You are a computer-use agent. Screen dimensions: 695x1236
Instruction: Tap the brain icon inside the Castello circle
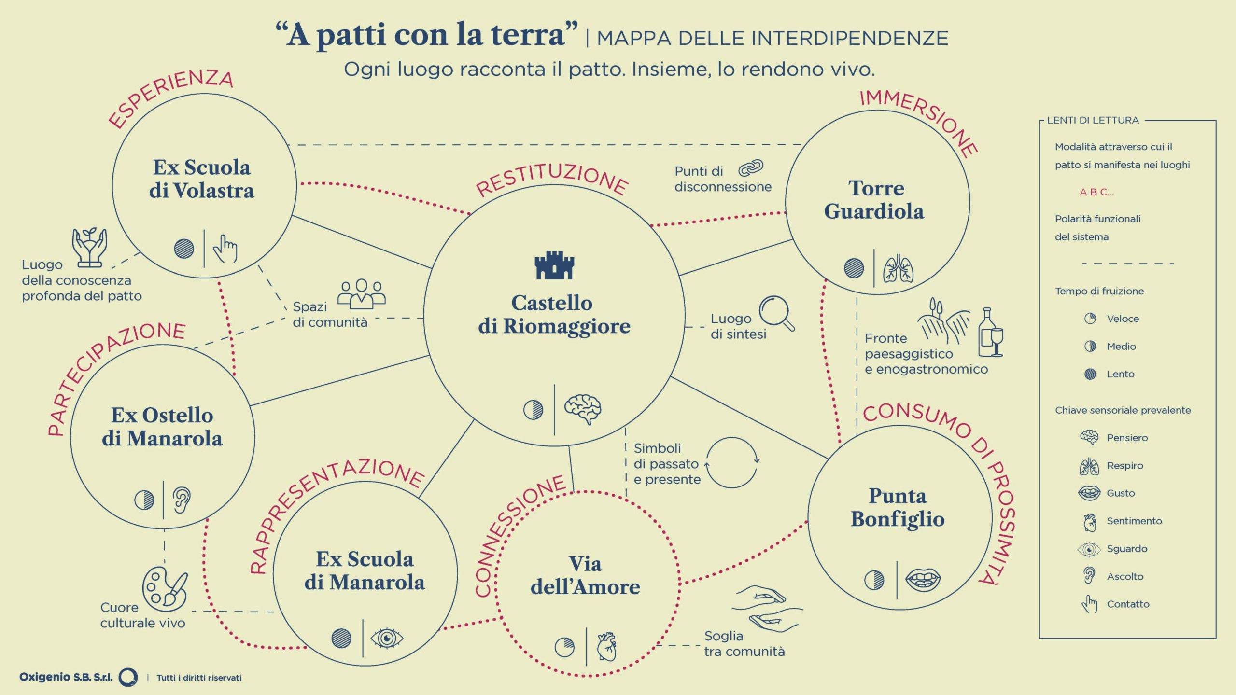[x=583, y=409]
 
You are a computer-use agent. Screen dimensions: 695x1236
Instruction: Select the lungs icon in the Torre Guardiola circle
[x=898, y=268]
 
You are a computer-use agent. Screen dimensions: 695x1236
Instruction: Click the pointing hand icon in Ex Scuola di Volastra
[x=225, y=249]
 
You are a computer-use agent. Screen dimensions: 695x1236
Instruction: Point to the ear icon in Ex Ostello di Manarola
[x=182, y=500]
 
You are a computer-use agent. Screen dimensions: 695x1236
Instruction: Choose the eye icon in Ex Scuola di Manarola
[x=387, y=638]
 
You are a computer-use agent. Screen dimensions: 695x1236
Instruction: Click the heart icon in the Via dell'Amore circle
[x=607, y=647]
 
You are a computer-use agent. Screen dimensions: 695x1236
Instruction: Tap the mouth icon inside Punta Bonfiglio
[x=923, y=580]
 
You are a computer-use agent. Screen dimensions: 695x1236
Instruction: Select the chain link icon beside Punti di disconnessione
[x=751, y=168]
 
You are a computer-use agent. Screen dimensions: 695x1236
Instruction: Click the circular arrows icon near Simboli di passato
[x=732, y=462]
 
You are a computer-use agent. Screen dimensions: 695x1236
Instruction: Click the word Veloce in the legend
[x=1123, y=319]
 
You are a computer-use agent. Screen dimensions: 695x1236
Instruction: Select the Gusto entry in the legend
[x=1120, y=493]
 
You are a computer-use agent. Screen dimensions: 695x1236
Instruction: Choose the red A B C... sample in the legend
[x=1096, y=192]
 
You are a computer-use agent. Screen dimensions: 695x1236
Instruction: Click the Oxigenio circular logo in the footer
[x=128, y=677]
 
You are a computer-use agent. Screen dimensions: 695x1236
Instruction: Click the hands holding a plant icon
[x=89, y=247]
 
